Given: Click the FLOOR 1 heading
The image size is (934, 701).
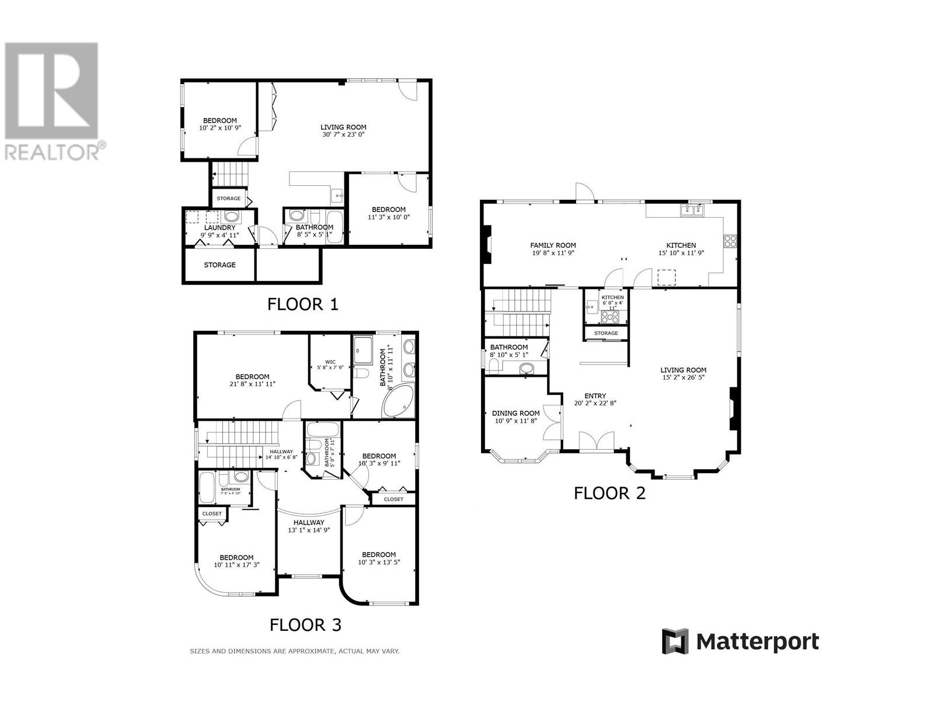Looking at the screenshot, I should (302, 304).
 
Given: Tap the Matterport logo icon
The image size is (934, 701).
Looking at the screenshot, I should (675, 641).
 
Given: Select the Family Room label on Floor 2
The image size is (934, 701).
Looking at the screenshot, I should (552, 245).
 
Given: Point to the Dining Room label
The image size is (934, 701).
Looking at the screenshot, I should (515, 413).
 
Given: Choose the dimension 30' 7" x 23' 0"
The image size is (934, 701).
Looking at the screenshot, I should (343, 134).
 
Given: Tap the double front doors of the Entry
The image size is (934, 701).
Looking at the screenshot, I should (597, 440).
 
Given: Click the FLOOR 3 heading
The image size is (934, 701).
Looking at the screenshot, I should (305, 625).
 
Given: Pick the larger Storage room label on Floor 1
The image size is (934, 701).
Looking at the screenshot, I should (219, 265).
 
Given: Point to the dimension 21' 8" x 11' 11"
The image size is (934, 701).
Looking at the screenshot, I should (252, 384).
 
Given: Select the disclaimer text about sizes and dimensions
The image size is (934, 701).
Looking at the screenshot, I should (294, 651).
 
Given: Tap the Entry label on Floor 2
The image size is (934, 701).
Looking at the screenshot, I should (595, 395).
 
